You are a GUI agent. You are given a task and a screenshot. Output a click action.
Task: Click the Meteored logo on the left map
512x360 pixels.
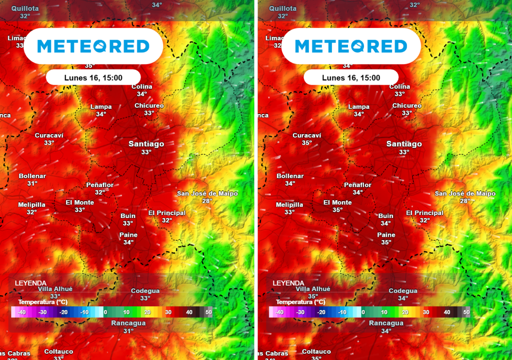(x=93, y=46)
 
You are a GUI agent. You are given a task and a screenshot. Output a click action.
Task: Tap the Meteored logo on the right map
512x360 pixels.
(x=351, y=46)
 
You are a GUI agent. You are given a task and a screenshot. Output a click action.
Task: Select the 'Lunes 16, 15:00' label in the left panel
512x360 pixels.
(x=93, y=77)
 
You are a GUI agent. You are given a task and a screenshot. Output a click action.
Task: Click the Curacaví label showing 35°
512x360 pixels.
(x=306, y=138)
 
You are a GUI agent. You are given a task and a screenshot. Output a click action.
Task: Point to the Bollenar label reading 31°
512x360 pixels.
(x=32, y=179)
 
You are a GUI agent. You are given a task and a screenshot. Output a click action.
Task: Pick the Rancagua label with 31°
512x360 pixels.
(x=128, y=326)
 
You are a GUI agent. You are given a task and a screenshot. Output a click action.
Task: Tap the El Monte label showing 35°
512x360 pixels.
(x=337, y=206)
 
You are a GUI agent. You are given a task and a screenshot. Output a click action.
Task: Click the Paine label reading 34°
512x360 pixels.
(x=128, y=238)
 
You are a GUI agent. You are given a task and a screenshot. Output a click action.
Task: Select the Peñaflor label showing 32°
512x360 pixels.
(x=100, y=188)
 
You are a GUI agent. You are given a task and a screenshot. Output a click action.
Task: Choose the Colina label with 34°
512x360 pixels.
(x=142, y=90)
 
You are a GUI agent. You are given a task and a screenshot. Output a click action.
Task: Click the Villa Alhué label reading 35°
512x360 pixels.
(x=313, y=292)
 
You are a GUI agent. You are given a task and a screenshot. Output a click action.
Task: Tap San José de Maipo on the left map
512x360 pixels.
(x=207, y=196)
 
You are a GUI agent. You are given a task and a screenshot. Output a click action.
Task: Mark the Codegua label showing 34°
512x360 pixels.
(x=403, y=294)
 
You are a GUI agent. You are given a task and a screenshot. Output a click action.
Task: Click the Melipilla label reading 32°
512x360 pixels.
(x=32, y=208)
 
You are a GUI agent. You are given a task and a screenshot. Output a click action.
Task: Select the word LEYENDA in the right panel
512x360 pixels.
(x=288, y=283)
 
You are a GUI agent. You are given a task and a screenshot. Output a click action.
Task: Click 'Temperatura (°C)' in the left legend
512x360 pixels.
(x=43, y=302)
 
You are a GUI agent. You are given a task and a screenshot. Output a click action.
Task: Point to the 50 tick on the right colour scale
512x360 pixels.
(x=466, y=312)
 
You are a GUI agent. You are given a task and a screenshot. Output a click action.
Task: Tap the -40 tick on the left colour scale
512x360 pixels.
(x=21, y=312)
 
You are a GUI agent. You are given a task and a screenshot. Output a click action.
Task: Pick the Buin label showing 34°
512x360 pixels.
(x=385, y=219)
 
